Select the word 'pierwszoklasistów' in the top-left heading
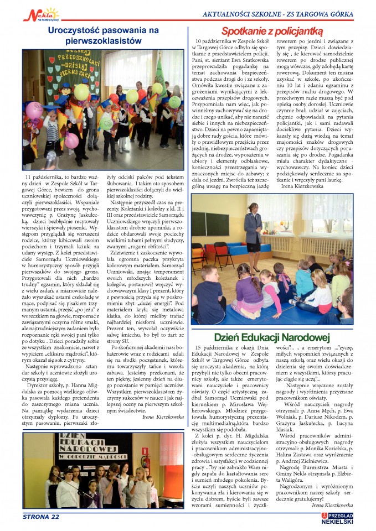click(x=104, y=41)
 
